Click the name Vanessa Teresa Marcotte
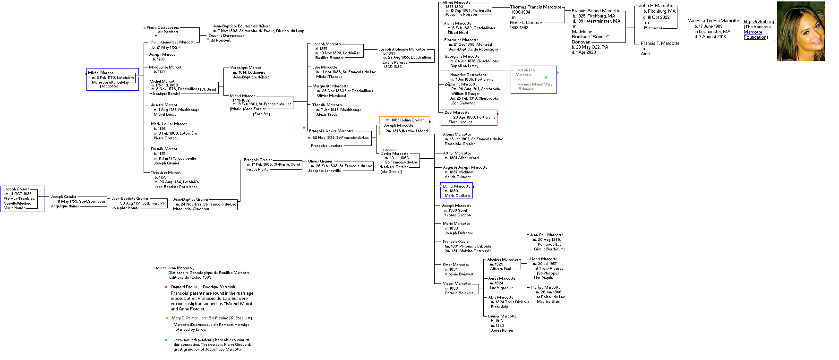click(713, 21)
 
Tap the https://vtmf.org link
click(759, 22)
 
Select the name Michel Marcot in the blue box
click(101, 73)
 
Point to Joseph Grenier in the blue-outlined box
click(17, 189)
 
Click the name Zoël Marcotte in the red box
click(457, 112)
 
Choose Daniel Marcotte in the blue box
click(456, 186)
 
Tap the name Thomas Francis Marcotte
click(536, 7)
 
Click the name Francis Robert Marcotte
click(596, 10)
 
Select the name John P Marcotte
click(656, 6)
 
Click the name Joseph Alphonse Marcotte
click(402, 49)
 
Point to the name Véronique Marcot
click(246, 68)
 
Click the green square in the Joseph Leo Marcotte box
click(546, 77)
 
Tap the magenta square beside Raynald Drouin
click(166, 287)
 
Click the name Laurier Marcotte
click(502, 316)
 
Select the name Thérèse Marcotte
click(545, 287)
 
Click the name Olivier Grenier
click(320, 161)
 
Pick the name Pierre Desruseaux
click(163, 27)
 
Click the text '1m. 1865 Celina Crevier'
click(404, 120)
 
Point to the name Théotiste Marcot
click(165, 172)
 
